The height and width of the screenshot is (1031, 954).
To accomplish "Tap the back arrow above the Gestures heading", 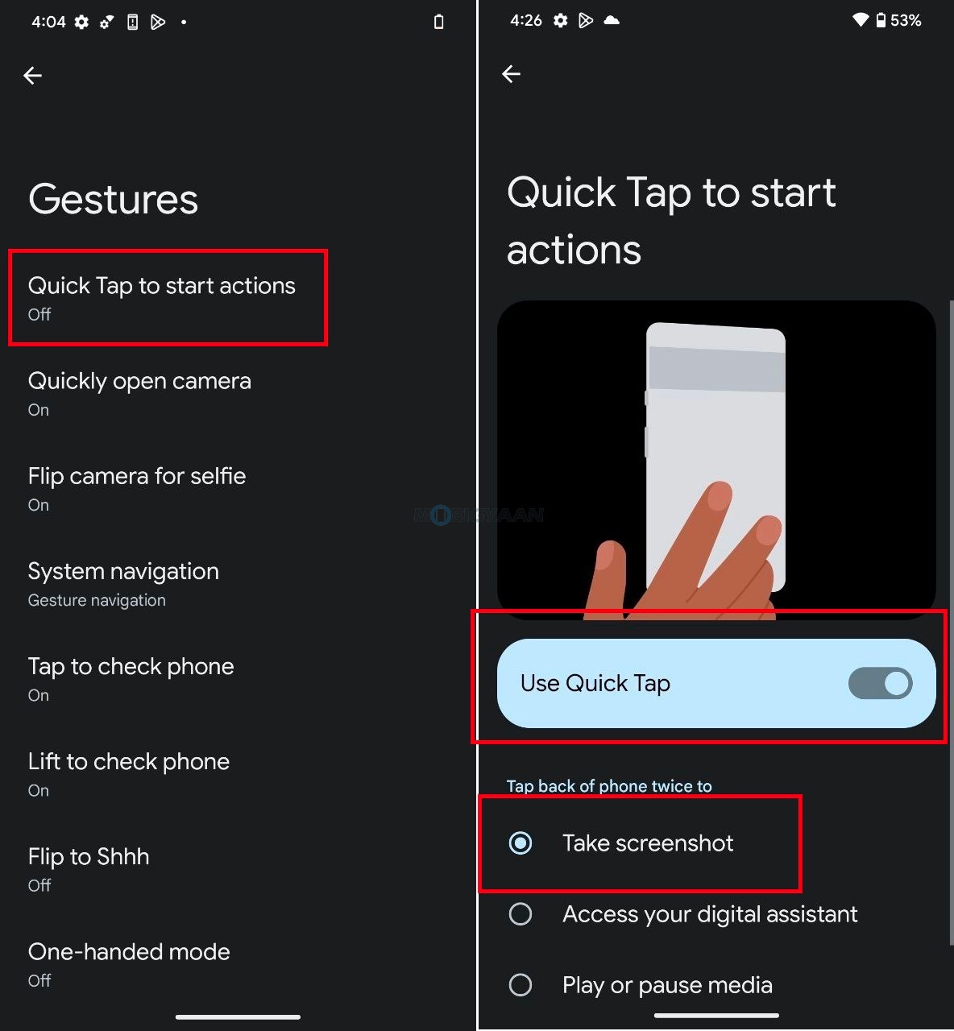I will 33,76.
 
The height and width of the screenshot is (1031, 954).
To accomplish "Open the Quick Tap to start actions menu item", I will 162,297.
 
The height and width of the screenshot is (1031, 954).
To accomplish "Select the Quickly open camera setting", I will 139,392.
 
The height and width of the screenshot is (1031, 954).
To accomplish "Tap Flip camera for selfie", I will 137,487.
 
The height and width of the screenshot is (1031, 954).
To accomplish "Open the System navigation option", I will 123,583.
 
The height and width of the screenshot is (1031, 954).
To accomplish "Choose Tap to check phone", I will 131,678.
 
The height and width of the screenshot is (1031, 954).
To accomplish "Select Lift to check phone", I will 129,773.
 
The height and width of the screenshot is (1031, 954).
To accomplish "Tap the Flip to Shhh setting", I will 89,868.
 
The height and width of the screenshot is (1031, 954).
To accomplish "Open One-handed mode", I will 129,963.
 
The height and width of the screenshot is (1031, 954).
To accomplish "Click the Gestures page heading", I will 113,199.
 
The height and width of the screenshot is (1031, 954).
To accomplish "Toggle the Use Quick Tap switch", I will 880,683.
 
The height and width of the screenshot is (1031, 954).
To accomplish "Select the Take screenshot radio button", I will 521,843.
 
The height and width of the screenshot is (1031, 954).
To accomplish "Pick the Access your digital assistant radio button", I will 521,914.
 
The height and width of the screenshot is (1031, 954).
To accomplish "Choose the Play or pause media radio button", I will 521,985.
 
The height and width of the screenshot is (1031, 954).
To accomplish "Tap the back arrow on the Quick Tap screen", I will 512,74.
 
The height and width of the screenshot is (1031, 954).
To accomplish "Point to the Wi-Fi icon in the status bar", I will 861,20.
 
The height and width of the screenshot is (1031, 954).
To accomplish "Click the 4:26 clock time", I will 526,20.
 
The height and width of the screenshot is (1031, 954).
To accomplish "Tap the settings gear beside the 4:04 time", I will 81,22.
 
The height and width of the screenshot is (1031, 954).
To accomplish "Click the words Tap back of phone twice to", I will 609,786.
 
